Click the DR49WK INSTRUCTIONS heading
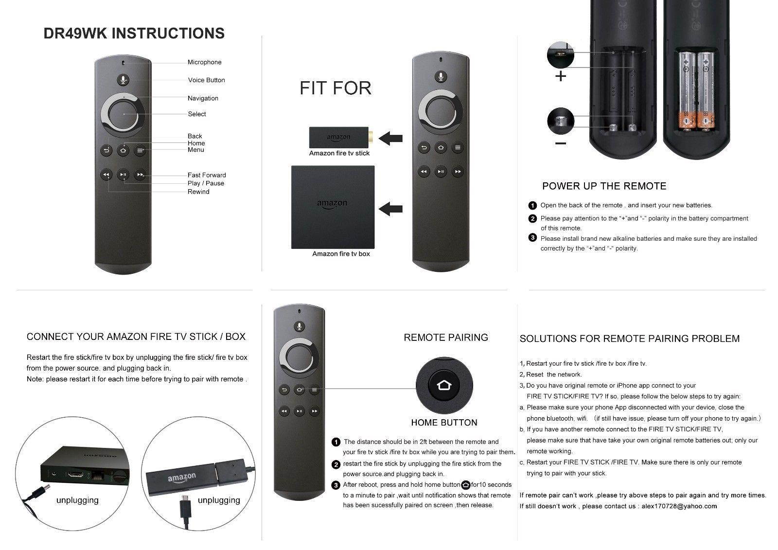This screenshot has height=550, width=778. (x=134, y=33)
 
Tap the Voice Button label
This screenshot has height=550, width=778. (x=206, y=80)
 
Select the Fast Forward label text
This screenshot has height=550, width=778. (x=207, y=175)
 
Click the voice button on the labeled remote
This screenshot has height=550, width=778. (x=124, y=80)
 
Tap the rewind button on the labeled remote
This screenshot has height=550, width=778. (x=106, y=175)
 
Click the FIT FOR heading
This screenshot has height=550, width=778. (x=336, y=88)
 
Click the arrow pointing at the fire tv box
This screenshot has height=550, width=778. (x=390, y=209)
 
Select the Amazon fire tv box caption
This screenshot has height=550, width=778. (x=341, y=254)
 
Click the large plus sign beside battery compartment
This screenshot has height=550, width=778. (x=561, y=76)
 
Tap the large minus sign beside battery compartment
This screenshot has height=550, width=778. (x=561, y=143)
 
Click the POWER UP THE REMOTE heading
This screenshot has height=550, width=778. (x=604, y=186)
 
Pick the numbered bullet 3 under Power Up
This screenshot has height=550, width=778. (x=532, y=238)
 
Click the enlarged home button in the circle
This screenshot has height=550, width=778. (x=444, y=386)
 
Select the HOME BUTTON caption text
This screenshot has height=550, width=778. (x=444, y=423)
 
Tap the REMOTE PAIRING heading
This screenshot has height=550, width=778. (x=446, y=337)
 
